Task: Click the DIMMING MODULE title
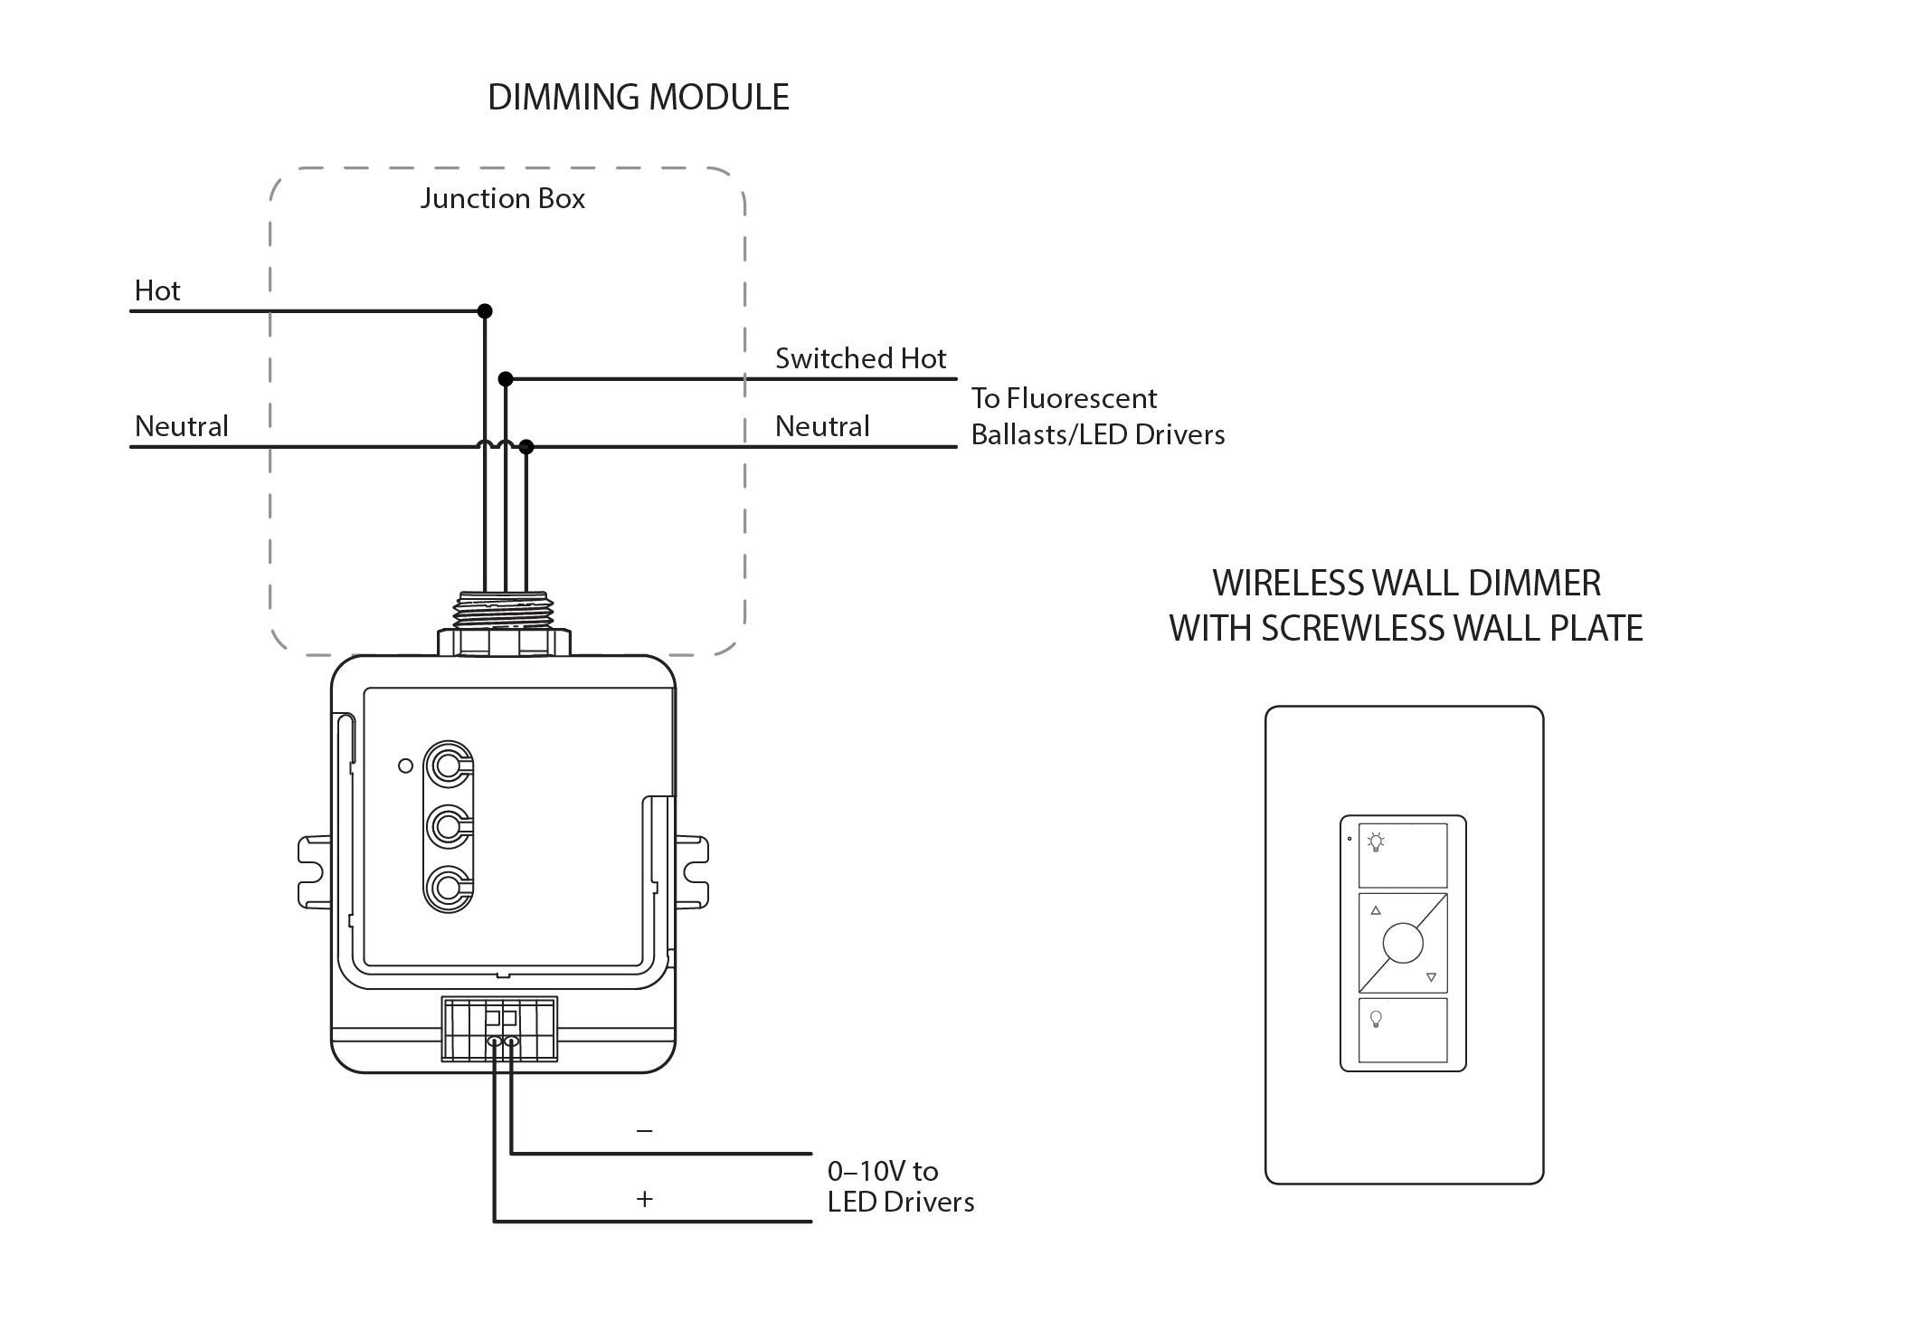(x=638, y=98)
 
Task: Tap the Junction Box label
(x=502, y=199)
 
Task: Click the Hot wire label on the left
(x=157, y=290)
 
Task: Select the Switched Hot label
(x=860, y=358)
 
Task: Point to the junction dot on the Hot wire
(x=485, y=311)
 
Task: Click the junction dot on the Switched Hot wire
(x=506, y=378)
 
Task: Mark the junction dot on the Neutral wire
(x=526, y=447)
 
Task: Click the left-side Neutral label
(x=181, y=426)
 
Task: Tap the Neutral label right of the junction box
(x=821, y=426)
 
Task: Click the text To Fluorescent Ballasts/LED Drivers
(x=1097, y=416)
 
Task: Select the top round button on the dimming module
(x=446, y=766)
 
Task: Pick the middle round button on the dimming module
(x=446, y=825)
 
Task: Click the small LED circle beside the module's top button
(x=405, y=766)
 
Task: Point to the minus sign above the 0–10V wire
(x=644, y=1131)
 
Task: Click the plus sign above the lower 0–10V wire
(x=644, y=1200)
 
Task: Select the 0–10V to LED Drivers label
(x=900, y=1186)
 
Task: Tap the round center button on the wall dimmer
(x=1403, y=944)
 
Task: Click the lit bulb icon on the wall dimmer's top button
(x=1376, y=842)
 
